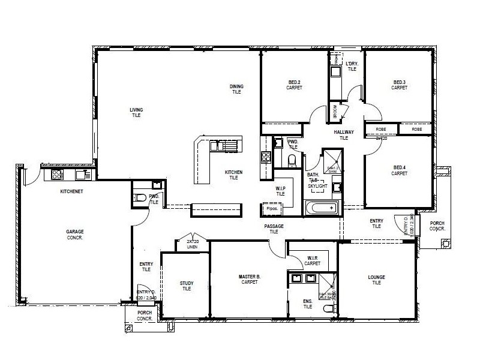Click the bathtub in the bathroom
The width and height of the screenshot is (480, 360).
tap(322, 208)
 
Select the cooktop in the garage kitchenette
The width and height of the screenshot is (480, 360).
tap(58, 175)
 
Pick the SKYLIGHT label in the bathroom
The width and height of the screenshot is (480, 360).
tap(317, 186)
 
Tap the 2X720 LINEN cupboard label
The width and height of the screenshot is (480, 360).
tap(192, 244)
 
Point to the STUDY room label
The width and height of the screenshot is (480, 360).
tap(187, 286)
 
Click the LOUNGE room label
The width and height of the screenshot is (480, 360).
tap(376, 280)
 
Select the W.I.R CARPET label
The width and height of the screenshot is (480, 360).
tap(312, 260)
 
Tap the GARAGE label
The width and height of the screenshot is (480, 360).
tap(75, 234)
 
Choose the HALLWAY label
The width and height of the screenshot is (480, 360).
tap(344, 135)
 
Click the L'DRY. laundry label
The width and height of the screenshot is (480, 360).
tap(352, 66)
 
